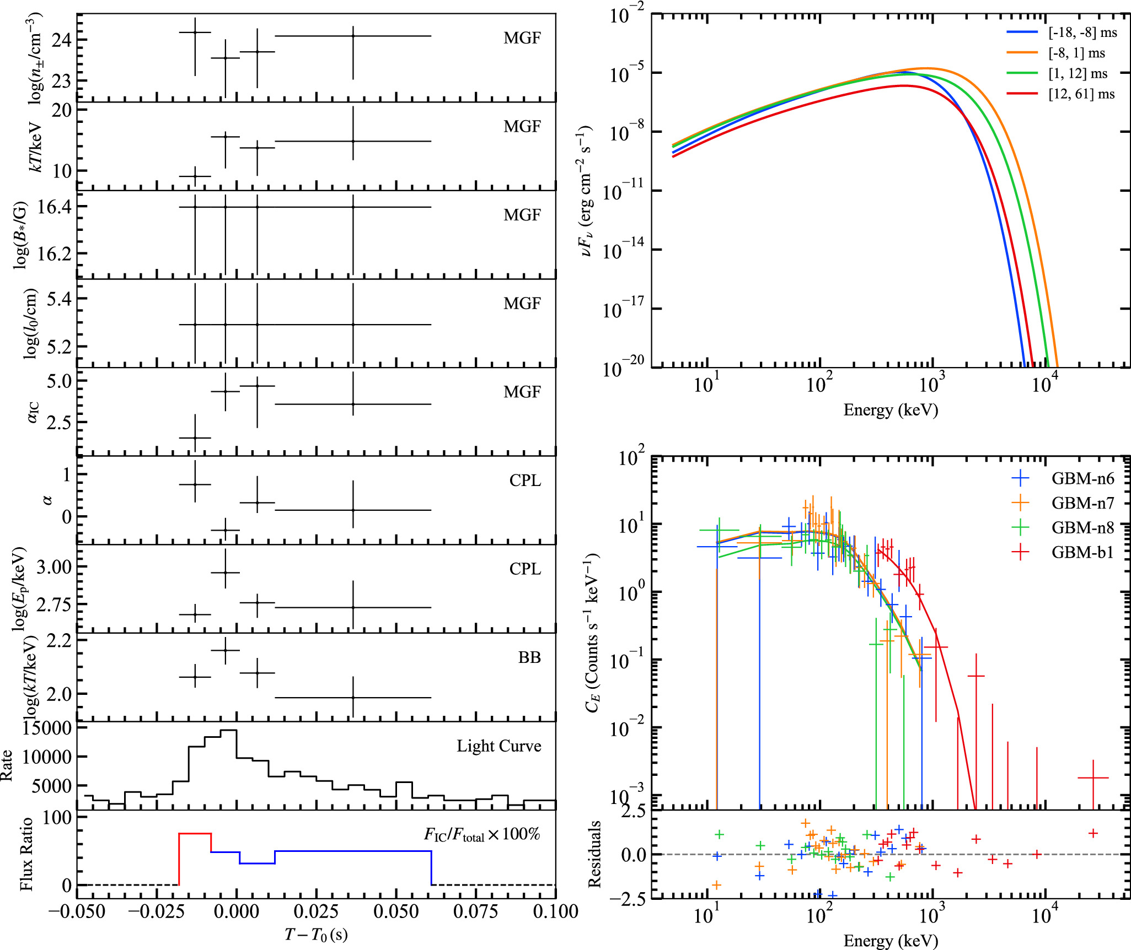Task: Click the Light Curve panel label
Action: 499,746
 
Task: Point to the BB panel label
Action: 529,657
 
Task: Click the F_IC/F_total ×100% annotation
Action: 481,835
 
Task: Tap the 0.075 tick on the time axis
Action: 475,912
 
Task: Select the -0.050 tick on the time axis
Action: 77,912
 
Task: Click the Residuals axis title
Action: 594,854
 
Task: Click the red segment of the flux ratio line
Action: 195,834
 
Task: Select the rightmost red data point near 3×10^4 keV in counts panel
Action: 1093,778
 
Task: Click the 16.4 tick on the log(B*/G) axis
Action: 55,207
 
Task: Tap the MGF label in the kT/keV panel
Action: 522,127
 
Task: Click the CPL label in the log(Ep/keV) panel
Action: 524,569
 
